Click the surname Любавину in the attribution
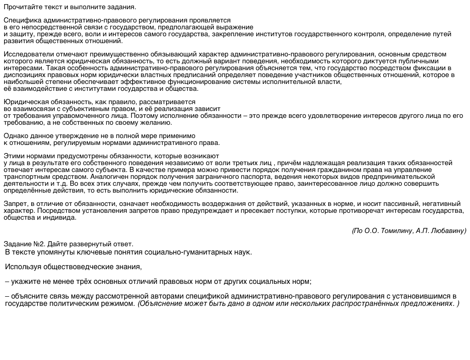(448, 231)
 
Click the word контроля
(373, 34)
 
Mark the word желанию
(158, 122)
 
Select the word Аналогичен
(108, 177)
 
